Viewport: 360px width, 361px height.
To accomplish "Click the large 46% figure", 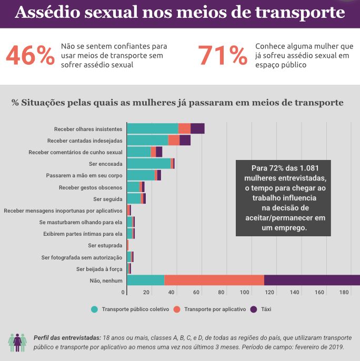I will (30, 55).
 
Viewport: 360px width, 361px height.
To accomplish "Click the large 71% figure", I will (223, 55).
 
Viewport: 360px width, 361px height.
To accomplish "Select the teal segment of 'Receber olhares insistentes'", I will (153, 129).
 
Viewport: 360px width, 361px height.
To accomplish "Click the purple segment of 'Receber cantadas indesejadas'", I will (185, 141).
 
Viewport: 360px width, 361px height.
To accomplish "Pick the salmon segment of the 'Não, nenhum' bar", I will (214, 280).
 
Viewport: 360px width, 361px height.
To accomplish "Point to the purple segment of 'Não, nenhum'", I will (312, 280).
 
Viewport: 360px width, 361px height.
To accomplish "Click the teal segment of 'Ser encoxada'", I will (148, 164).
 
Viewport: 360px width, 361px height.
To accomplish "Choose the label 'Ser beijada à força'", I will (99, 269).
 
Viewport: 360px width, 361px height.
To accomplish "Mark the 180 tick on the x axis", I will (344, 293).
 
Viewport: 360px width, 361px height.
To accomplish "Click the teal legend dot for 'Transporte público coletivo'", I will (95, 309).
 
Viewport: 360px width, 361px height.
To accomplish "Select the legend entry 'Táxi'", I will (266, 309).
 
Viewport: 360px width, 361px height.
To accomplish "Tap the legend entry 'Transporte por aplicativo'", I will (215, 309).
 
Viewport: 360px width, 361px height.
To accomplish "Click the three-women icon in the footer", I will (17, 342).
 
